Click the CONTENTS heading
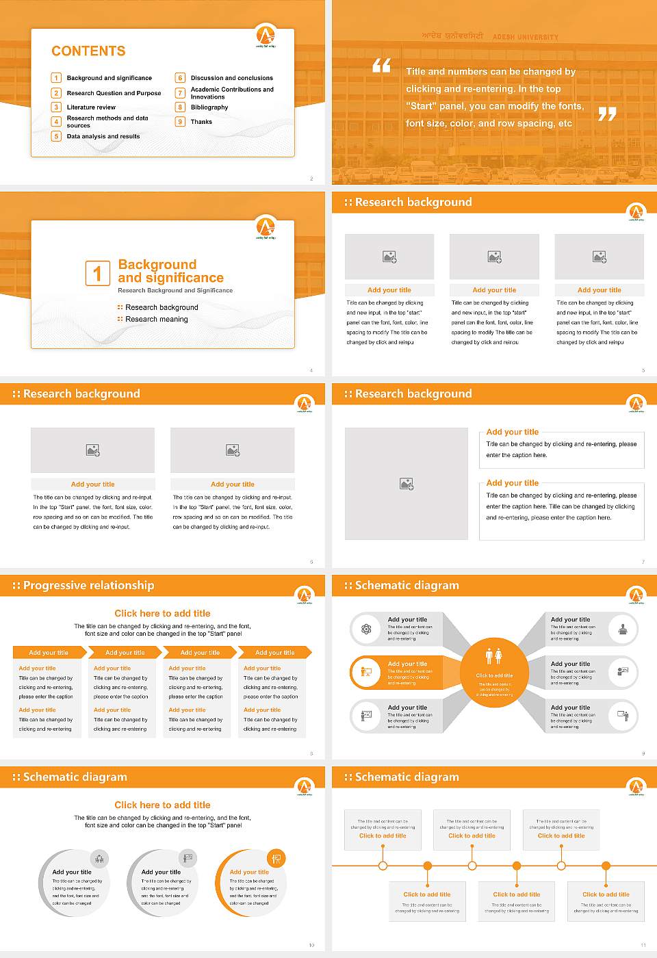88,51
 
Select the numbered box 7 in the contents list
180,93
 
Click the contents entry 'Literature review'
91,107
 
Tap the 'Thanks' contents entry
201,122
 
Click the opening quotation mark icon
381,66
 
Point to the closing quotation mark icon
607,114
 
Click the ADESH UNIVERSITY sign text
525,37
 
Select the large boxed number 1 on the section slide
97,273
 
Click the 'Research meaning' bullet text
156,320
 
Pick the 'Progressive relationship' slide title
88,586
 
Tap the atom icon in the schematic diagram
366,629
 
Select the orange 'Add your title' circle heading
249,872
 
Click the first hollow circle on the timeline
383,866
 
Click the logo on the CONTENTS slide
266,34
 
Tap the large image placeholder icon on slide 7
407,484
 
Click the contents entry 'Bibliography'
209,107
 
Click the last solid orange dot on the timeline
606,866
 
